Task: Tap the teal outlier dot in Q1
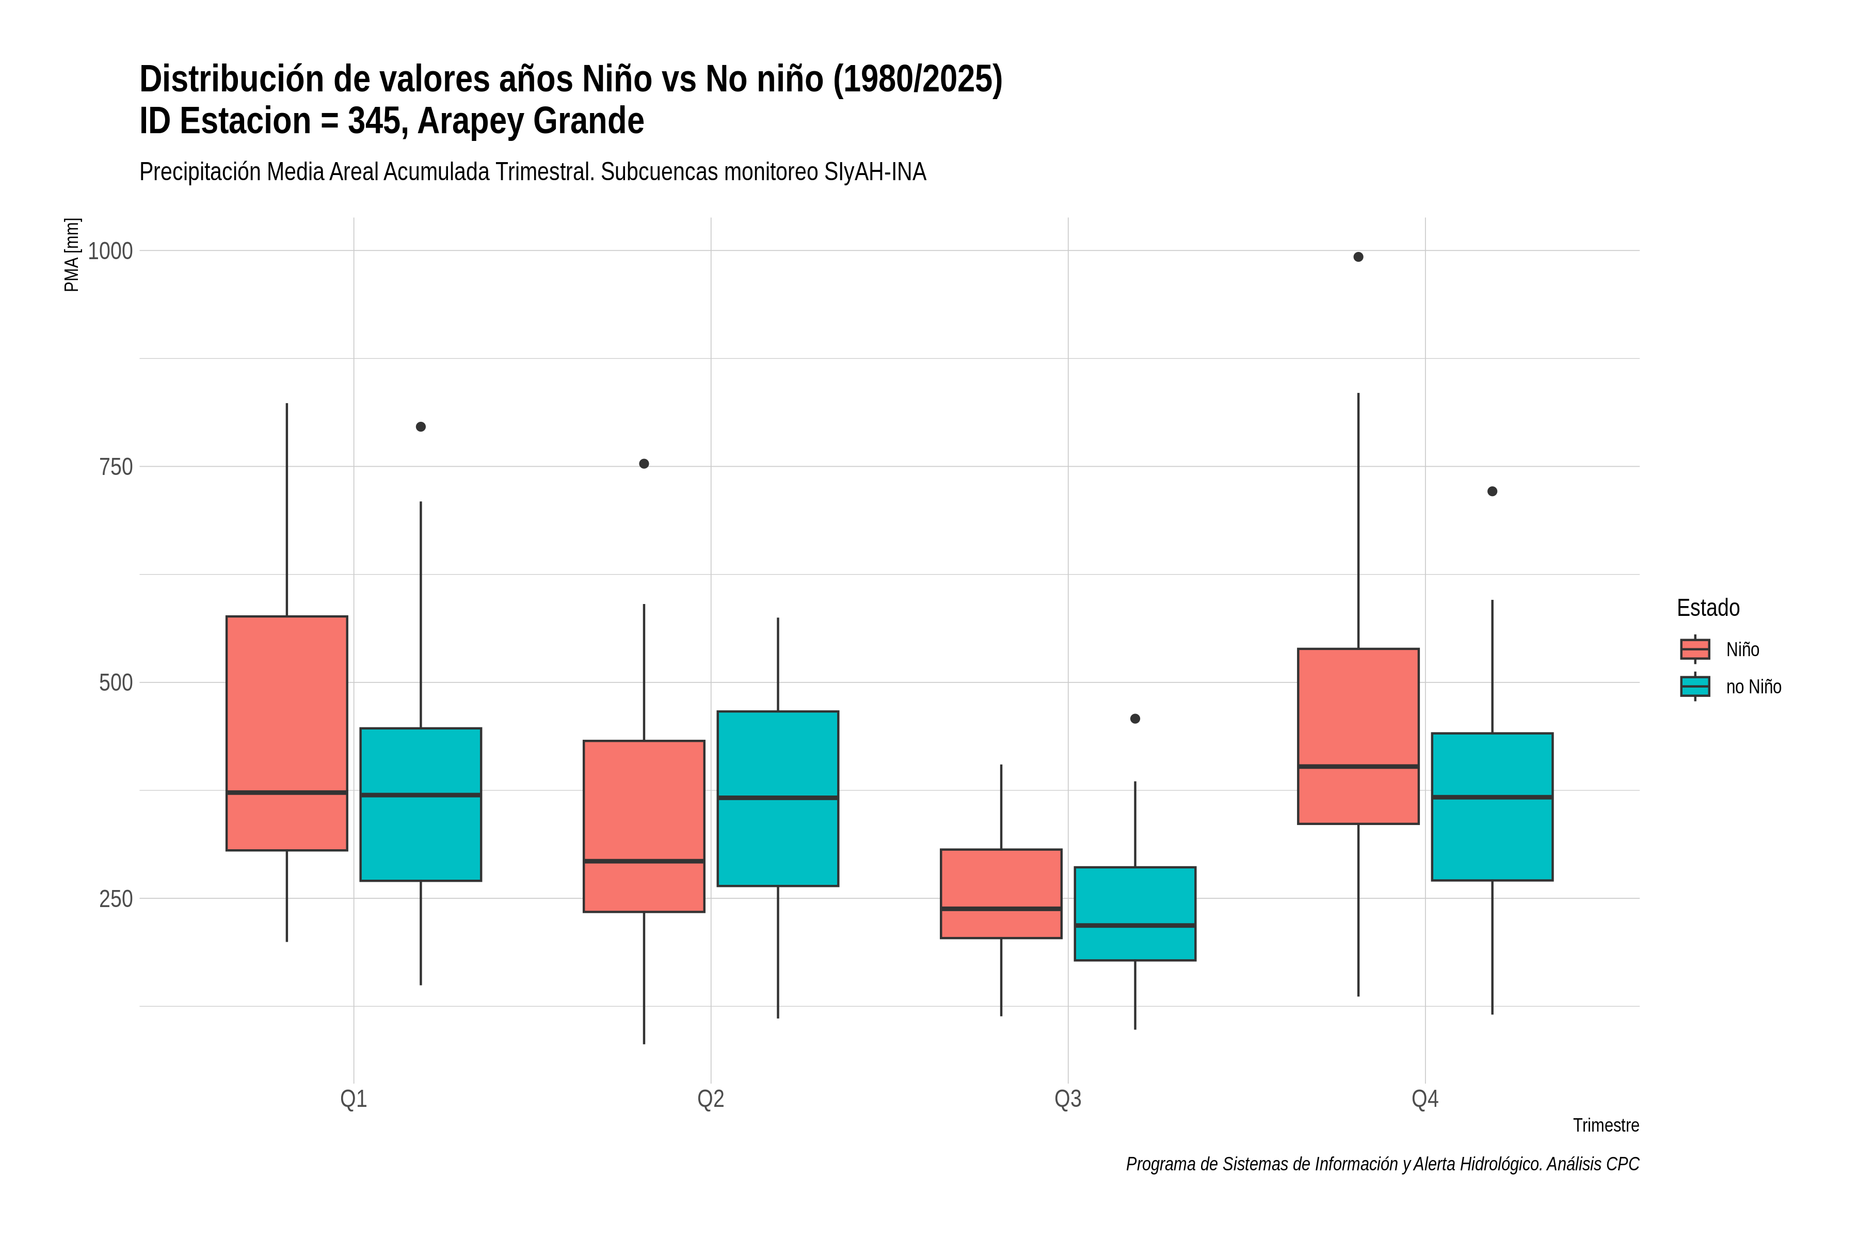pos(421,427)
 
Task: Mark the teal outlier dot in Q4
pos(1492,491)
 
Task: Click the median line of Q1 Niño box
pos(287,792)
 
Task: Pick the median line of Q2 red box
pos(644,861)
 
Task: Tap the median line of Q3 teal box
pos(1135,925)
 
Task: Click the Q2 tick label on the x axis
pos(711,1099)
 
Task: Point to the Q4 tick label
pos(1425,1099)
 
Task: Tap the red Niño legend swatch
pos(1695,649)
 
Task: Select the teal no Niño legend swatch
pos(1695,687)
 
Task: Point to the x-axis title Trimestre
pos(1606,1125)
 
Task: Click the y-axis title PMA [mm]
pos(72,255)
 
